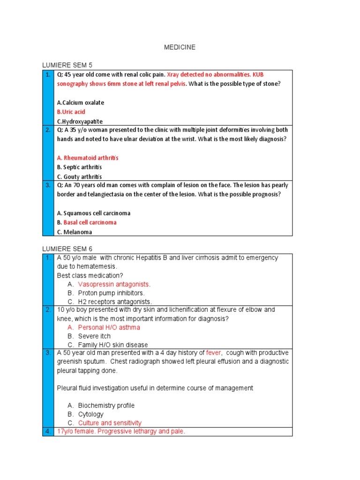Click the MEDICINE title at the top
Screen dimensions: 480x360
[180, 47]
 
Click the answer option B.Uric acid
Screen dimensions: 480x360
[71, 112]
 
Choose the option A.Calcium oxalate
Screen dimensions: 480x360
[80, 103]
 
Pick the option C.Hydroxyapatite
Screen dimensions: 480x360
[80, 121]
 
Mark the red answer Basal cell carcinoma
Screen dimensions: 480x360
[90, 223]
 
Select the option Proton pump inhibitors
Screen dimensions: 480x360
[111, 293]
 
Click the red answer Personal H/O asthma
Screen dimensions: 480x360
[109, 328]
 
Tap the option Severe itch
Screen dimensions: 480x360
[94, 336]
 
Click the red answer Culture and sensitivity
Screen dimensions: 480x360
[110, 423]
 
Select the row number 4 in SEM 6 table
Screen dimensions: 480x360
[48, 431]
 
